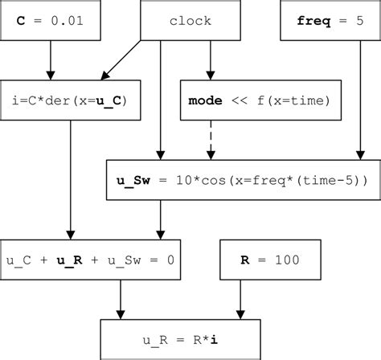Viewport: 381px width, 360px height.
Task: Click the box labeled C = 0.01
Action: (x=51, y=20)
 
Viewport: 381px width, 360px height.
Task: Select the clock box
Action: (x=190, y=20)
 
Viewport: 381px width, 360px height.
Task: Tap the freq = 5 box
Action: (x=329, y=20)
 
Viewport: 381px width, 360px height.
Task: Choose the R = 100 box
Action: (x=269, y=260)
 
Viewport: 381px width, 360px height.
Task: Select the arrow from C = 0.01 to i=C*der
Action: (x=51, y=59)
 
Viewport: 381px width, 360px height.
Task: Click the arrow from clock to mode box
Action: (x=211, y=59)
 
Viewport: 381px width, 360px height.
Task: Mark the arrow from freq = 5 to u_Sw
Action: (x=358, y=100)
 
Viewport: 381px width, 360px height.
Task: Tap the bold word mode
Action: (x=203, y=100)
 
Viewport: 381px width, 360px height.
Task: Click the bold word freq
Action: (x=309, y=20)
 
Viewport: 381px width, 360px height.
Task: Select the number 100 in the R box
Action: (x=286, y=260)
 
